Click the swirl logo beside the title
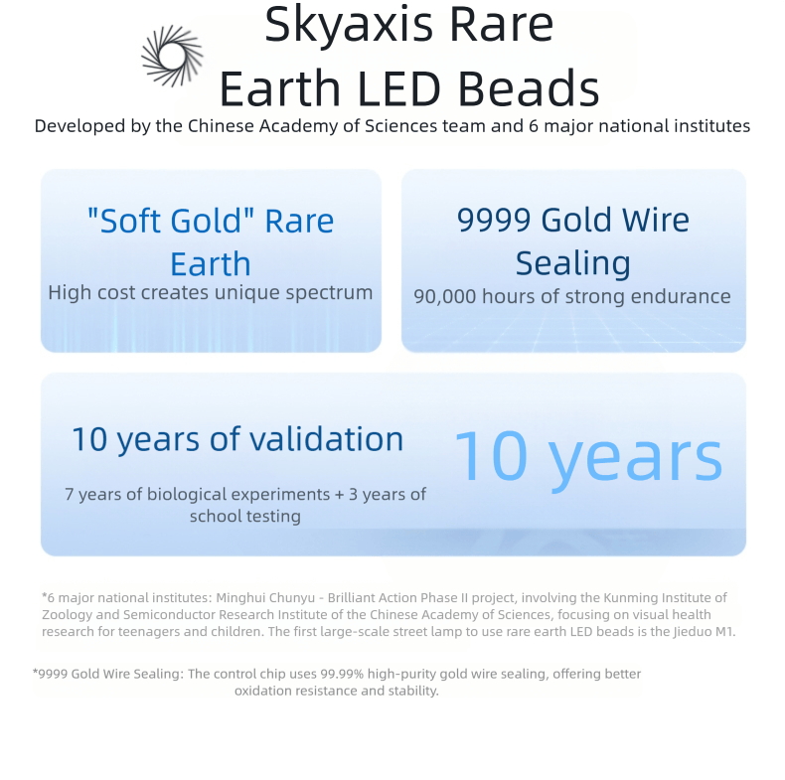pyautogui.click(x=173, y=56)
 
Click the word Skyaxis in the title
pyautogui.click(x=349, y=25)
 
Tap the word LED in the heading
pyautogui.click(x=399, y=88)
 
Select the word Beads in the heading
pyautogui.click(x=529, y=88)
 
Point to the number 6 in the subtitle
pyautogui.click(x=534, y=126)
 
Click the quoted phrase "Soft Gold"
pyautogui.click(x=171, y=221)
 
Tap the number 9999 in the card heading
pyautogui.click(x=494, y=220)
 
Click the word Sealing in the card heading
pyautogui.click(x=573, y=264)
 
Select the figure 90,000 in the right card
pyautogui.click(x=445, y=297)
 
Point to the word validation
pyautogui.click(x=326, y=439)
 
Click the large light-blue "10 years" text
pyautogui.click(x=588, y=458)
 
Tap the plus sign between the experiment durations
pyautogui.click(x=340, y=495)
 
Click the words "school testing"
pyautogui.click(x=245, y=516)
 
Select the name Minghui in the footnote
pyautogui.click(x=238, y=598)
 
